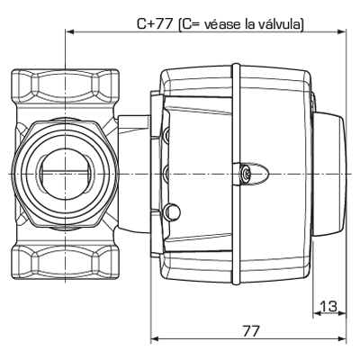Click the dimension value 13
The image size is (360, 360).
pyautogui.click(x=328, y=307)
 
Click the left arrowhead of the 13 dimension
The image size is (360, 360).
pyautogui.click(x=316, y=315)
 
